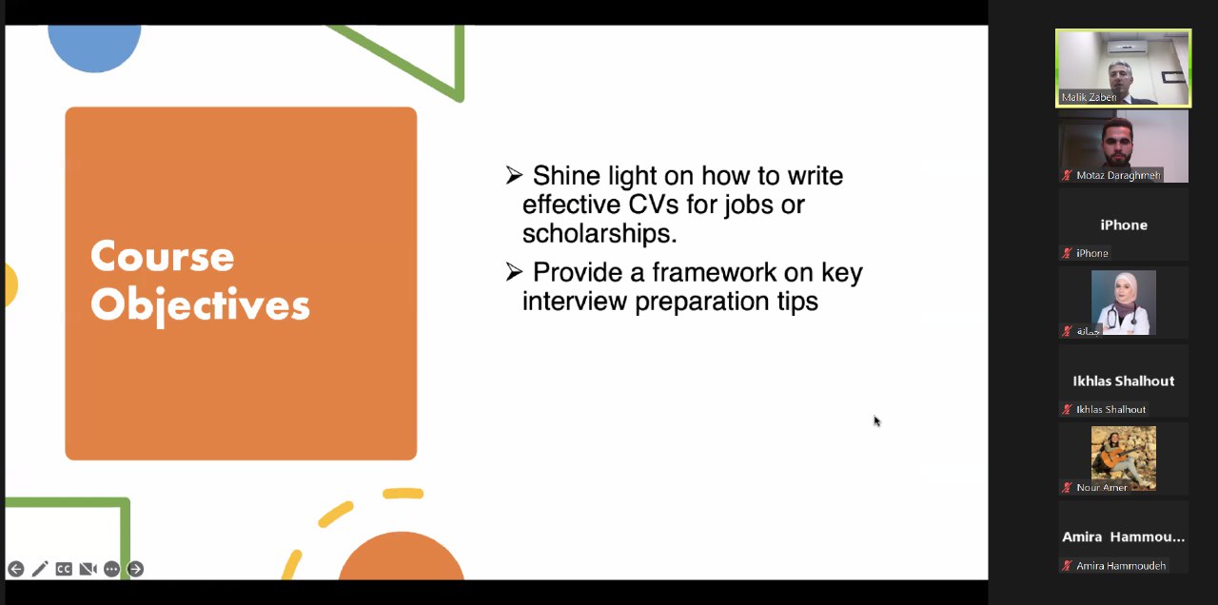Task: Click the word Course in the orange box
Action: [x=162, y=256]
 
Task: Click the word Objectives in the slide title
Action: [x=200, y=305]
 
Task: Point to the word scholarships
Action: [x=599, y=234]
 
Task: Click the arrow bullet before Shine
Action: [x=514, y=175]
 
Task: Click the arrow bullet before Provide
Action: [x=514, y=272]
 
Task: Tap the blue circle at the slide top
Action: [x=94, y=48]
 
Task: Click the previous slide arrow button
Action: [x=16, y=569]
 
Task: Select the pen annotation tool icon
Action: [x=40, y=569]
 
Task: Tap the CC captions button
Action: [x=64, y=569]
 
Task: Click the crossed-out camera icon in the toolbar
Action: [x=88, y=569]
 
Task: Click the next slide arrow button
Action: [x=135, y=569]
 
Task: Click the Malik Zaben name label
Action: [x=1089, y=97]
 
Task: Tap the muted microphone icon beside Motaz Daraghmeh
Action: [x=1067, y=175]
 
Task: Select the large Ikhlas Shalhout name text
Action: [x=1124, y=381]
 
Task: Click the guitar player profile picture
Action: [x=1124, y=459]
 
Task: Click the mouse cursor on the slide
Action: [x=877, y=421]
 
